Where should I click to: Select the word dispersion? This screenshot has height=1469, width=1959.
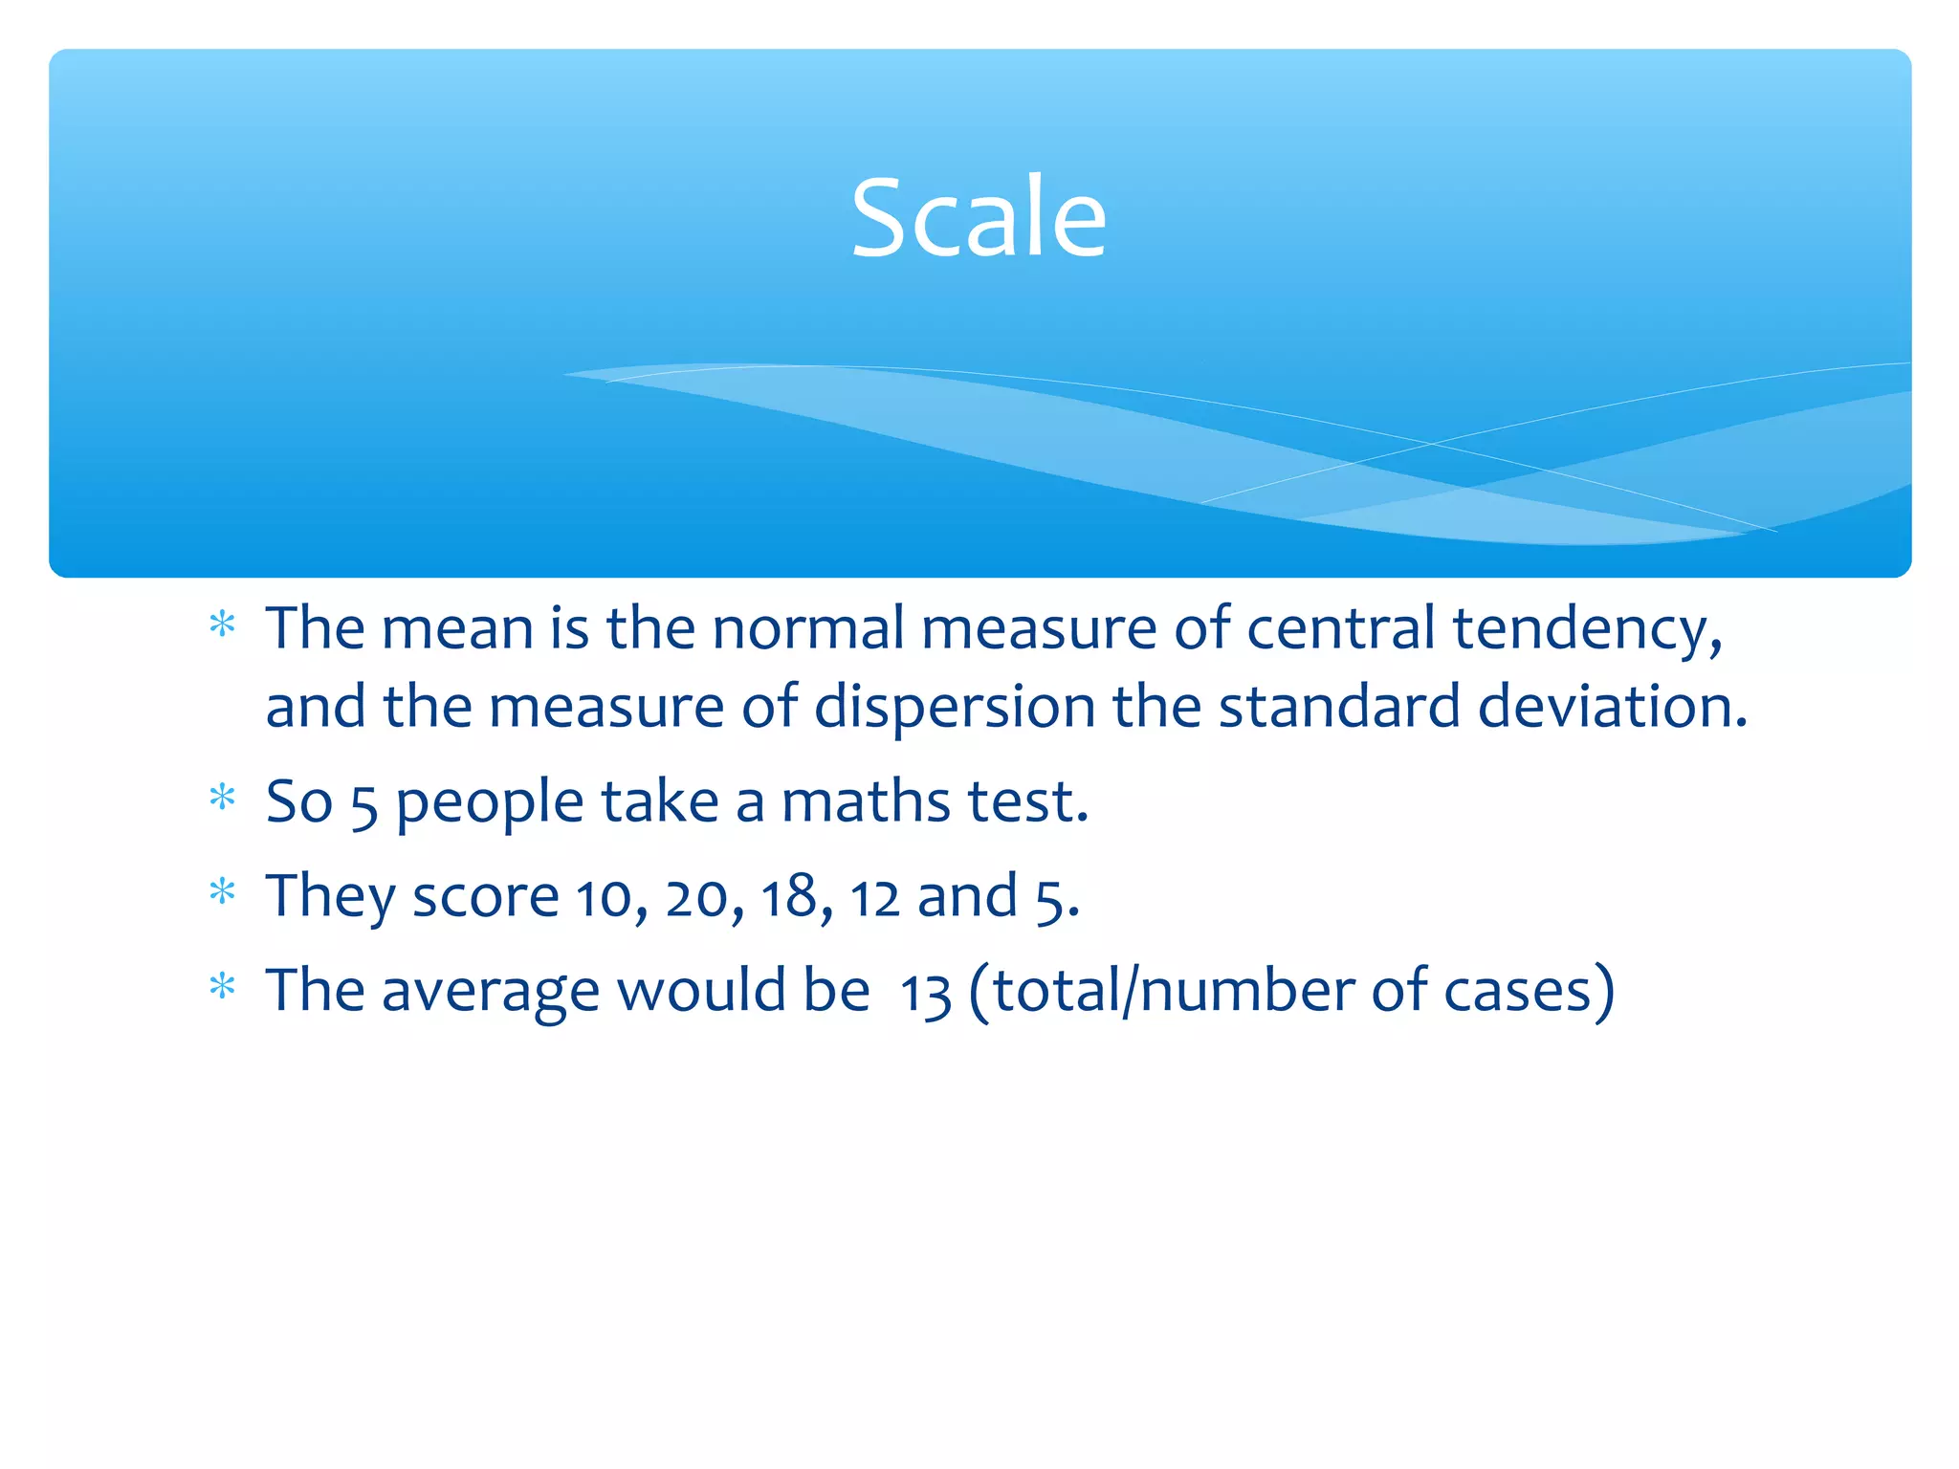click(954, 707)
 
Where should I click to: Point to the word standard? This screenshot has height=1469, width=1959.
click(1339, 707)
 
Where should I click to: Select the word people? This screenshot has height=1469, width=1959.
click(489, 803)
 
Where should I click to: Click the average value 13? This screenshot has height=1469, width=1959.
click(925, 993)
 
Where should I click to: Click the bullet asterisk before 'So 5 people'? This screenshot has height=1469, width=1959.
click(222, 797)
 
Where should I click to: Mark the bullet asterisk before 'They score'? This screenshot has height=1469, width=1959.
click(222, 891)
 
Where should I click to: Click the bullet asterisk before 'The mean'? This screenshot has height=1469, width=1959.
click(222, 625)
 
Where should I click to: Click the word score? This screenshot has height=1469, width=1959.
click(485, 897)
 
